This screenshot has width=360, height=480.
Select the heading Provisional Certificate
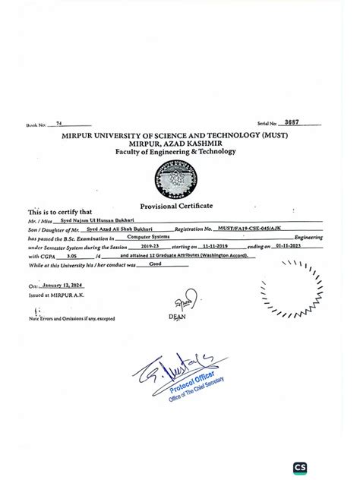(176, 207)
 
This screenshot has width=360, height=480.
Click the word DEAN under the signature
(177, 317)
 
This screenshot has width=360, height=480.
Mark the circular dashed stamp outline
(291, 288)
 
